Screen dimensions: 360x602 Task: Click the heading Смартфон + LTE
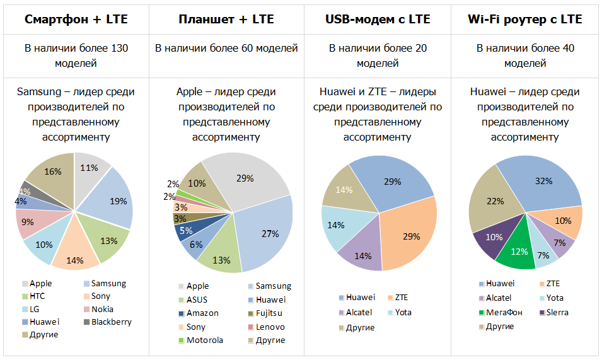76,19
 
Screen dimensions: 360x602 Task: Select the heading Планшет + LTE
226,19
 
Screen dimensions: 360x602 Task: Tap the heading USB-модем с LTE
378,19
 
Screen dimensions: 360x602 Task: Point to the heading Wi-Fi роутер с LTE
525,19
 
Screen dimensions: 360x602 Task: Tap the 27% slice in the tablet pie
265,233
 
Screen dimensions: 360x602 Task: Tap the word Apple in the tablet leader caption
189,92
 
